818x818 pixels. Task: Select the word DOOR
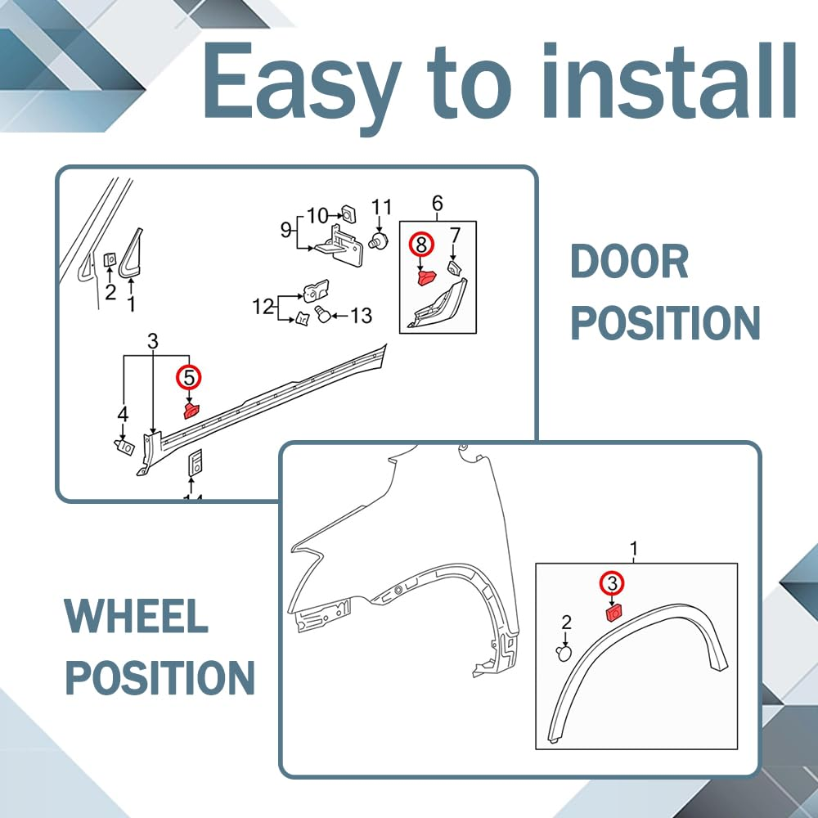click(629, 263)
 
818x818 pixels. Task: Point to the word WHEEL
click(136, 616)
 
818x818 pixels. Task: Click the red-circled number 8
click(421, 245)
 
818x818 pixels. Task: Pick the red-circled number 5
click(189, 378)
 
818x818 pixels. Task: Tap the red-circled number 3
click(613, 582)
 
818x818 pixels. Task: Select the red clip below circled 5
click(191, 410)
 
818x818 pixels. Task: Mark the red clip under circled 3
click(613, 613)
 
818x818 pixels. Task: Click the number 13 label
click(361, 316)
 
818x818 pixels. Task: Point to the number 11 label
click(381, 208)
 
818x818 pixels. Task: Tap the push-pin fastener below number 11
click(377, 240)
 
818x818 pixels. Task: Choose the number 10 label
click(317, 215)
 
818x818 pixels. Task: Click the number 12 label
click(263, 306)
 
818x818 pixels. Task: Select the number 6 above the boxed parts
click(438, 204)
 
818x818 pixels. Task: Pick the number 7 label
click(456, 236)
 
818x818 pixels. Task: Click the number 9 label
click(285, 230)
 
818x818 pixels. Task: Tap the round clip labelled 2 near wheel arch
click(564, 653)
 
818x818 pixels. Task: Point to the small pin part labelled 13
click(322, 315)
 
